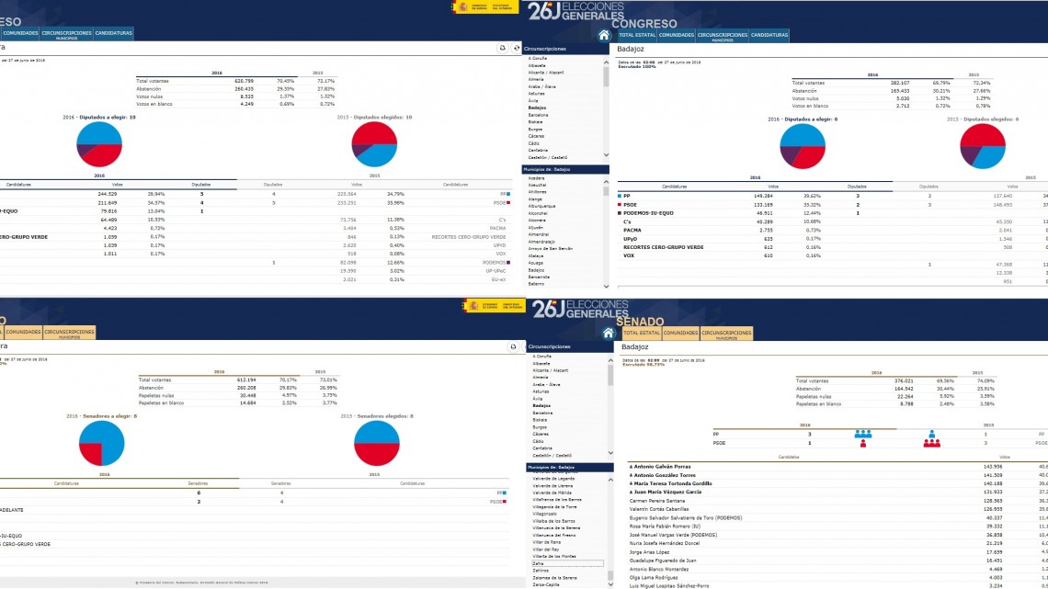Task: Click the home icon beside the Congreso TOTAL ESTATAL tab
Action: point(604,35)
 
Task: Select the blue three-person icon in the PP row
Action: point(862,434)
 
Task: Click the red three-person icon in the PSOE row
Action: point(931,443)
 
